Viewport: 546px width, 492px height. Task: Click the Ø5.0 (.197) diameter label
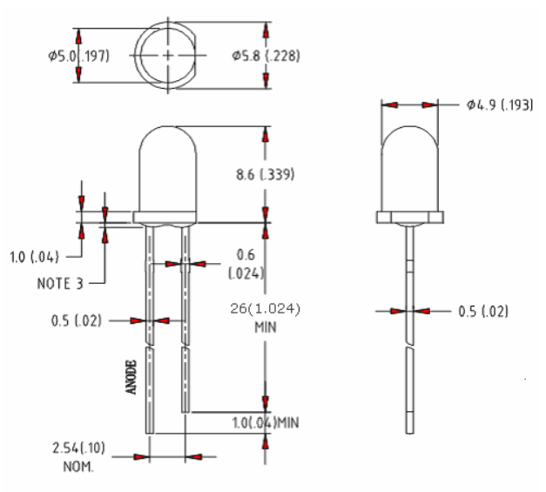pos(78,56)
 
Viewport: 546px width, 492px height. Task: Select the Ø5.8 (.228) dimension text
pos(266,56)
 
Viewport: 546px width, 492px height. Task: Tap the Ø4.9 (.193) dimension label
pos(500,104)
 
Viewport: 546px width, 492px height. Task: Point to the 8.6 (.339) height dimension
pos(266,174)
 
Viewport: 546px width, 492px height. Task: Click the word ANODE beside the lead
pos(131,377)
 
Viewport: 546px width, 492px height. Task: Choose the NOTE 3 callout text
pos(60,284)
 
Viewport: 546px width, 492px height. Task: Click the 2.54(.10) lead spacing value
pos(78,448)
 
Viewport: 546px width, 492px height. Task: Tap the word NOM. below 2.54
pos(78,467)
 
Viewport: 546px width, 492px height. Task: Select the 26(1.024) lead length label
pos(265,309)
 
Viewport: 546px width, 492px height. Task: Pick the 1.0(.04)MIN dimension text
pos(266,422)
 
